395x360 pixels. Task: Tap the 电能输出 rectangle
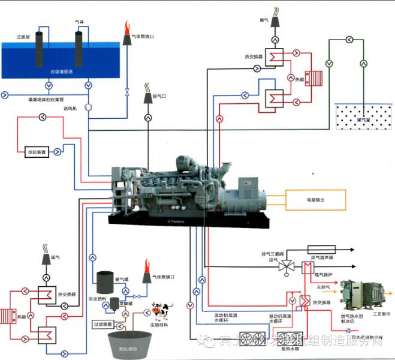click(x=315, y=199)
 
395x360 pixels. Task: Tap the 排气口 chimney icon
click(x=147, y=99)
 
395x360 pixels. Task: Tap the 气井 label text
click(x=79, y=22)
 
